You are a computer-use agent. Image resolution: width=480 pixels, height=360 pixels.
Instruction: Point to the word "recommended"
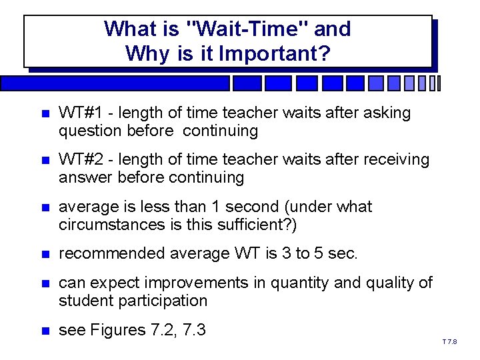(x=110, y=253)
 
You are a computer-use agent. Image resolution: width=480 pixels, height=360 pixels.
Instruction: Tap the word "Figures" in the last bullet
(x=118, y=330)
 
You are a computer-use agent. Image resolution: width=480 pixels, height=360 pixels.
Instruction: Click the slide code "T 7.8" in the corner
(x=449, y=342)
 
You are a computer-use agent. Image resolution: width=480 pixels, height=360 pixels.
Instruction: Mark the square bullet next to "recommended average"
(x=43, y=254)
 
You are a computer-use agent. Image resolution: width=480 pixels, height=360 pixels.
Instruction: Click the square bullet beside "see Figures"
(x=43, y=331)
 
